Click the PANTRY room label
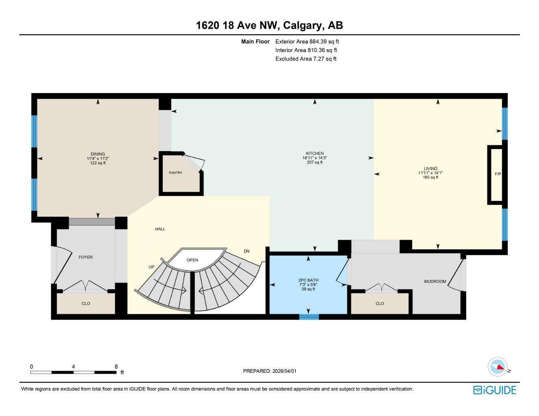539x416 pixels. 175,173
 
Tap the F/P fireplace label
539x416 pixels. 498,174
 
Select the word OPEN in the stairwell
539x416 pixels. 192,260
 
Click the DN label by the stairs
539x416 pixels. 247,251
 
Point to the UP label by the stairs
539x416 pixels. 151,267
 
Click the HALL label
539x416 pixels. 160,229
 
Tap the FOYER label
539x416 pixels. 85,257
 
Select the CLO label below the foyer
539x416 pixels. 86,303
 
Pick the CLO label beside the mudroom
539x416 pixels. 380,303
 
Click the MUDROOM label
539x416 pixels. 435,282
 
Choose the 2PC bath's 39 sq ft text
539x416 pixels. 308,289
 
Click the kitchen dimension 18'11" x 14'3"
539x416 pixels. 314,158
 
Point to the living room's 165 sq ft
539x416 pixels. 430,178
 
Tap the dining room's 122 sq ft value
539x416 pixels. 98,163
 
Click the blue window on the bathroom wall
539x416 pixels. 309,317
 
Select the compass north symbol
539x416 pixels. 498,367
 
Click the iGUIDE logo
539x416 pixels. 495,390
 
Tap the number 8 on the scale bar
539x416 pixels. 116,366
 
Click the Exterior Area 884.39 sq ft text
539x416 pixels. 307,41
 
